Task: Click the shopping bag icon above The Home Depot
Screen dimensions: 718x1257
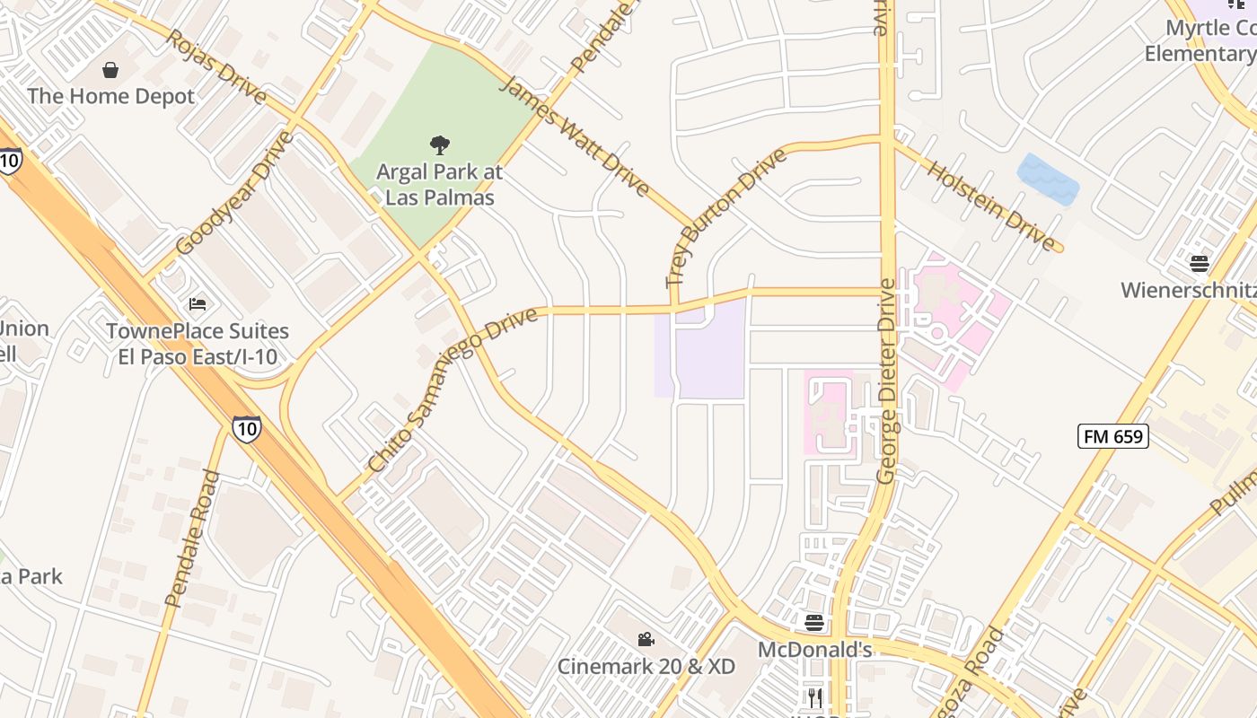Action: pos(110,70)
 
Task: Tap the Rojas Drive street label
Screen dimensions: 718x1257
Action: pos(216,67)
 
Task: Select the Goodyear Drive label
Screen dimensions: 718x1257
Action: pos(235,193)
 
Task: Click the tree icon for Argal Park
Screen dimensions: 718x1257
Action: pos(439,144)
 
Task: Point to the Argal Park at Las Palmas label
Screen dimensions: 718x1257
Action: pos(439,184)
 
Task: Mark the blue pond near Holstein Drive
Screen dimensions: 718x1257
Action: pos(1048,179)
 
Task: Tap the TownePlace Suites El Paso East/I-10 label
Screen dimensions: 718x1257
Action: pos(198,344)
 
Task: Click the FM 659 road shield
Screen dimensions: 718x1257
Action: pos(1113,436)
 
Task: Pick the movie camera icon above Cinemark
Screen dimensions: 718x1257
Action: pos(646,639)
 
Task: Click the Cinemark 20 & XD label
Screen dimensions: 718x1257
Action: pos(646,667)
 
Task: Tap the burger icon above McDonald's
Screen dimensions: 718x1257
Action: pos(814,622)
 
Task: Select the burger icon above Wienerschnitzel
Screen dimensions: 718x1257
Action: pos(1200,263)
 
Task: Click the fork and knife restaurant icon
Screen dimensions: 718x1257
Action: pos(814,697)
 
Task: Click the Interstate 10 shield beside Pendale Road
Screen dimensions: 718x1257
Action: pos(246,428)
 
